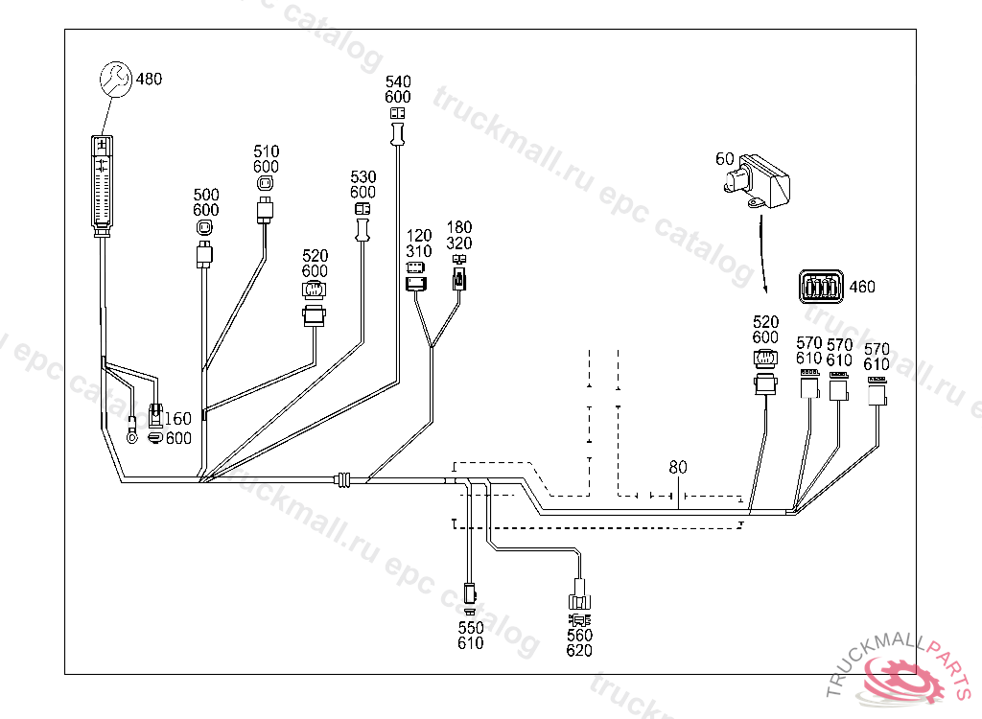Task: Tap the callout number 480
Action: pos(149,79)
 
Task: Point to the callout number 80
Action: pos(678,468)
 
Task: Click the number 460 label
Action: pos(862,287)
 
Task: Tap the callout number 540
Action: pos(398,81)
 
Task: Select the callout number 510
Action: pos(267,151)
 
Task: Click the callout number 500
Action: pos(206,196)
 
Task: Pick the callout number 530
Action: pos(362,177)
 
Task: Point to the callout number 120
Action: pos(418,236)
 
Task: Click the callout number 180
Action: pos(459,228)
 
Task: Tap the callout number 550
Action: pos(470,628)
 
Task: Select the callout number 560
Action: pos(579,635)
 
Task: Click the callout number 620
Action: pos(579,650)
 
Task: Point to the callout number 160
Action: pos(178,419)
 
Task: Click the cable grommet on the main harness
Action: pos(344,479)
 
